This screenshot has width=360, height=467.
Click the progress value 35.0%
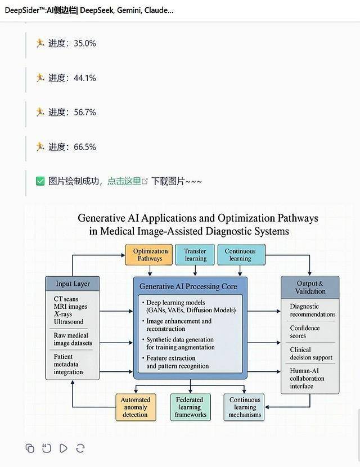coord(85,43)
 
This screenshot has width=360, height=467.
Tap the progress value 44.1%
coord(85,78)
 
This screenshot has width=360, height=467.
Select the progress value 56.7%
coord(85,113)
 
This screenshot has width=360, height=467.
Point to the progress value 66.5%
coord(85,147)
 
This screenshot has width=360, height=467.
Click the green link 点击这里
coord(124,181)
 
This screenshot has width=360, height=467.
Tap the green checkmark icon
coord(40,181)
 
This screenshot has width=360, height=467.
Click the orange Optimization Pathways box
coord(150,255)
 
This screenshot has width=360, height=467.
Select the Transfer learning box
coord(195,255)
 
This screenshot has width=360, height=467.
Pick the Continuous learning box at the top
coord(240,255)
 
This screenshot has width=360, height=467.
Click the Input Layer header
coord(73,284)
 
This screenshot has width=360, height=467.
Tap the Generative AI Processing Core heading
coord(188,286)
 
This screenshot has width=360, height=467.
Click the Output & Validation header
coord(310,287)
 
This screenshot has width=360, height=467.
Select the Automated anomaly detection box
coord(135,407)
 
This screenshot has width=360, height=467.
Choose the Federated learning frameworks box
coord(190,407)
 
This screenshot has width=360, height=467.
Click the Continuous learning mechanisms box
coord(245,407)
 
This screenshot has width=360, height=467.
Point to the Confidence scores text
coord(305,332)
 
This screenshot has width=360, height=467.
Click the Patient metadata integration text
coord(68,364)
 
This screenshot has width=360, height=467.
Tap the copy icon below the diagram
coord(30,448)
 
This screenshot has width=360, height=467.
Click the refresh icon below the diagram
coord(80,448)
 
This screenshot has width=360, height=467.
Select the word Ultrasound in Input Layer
coord(69,322)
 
